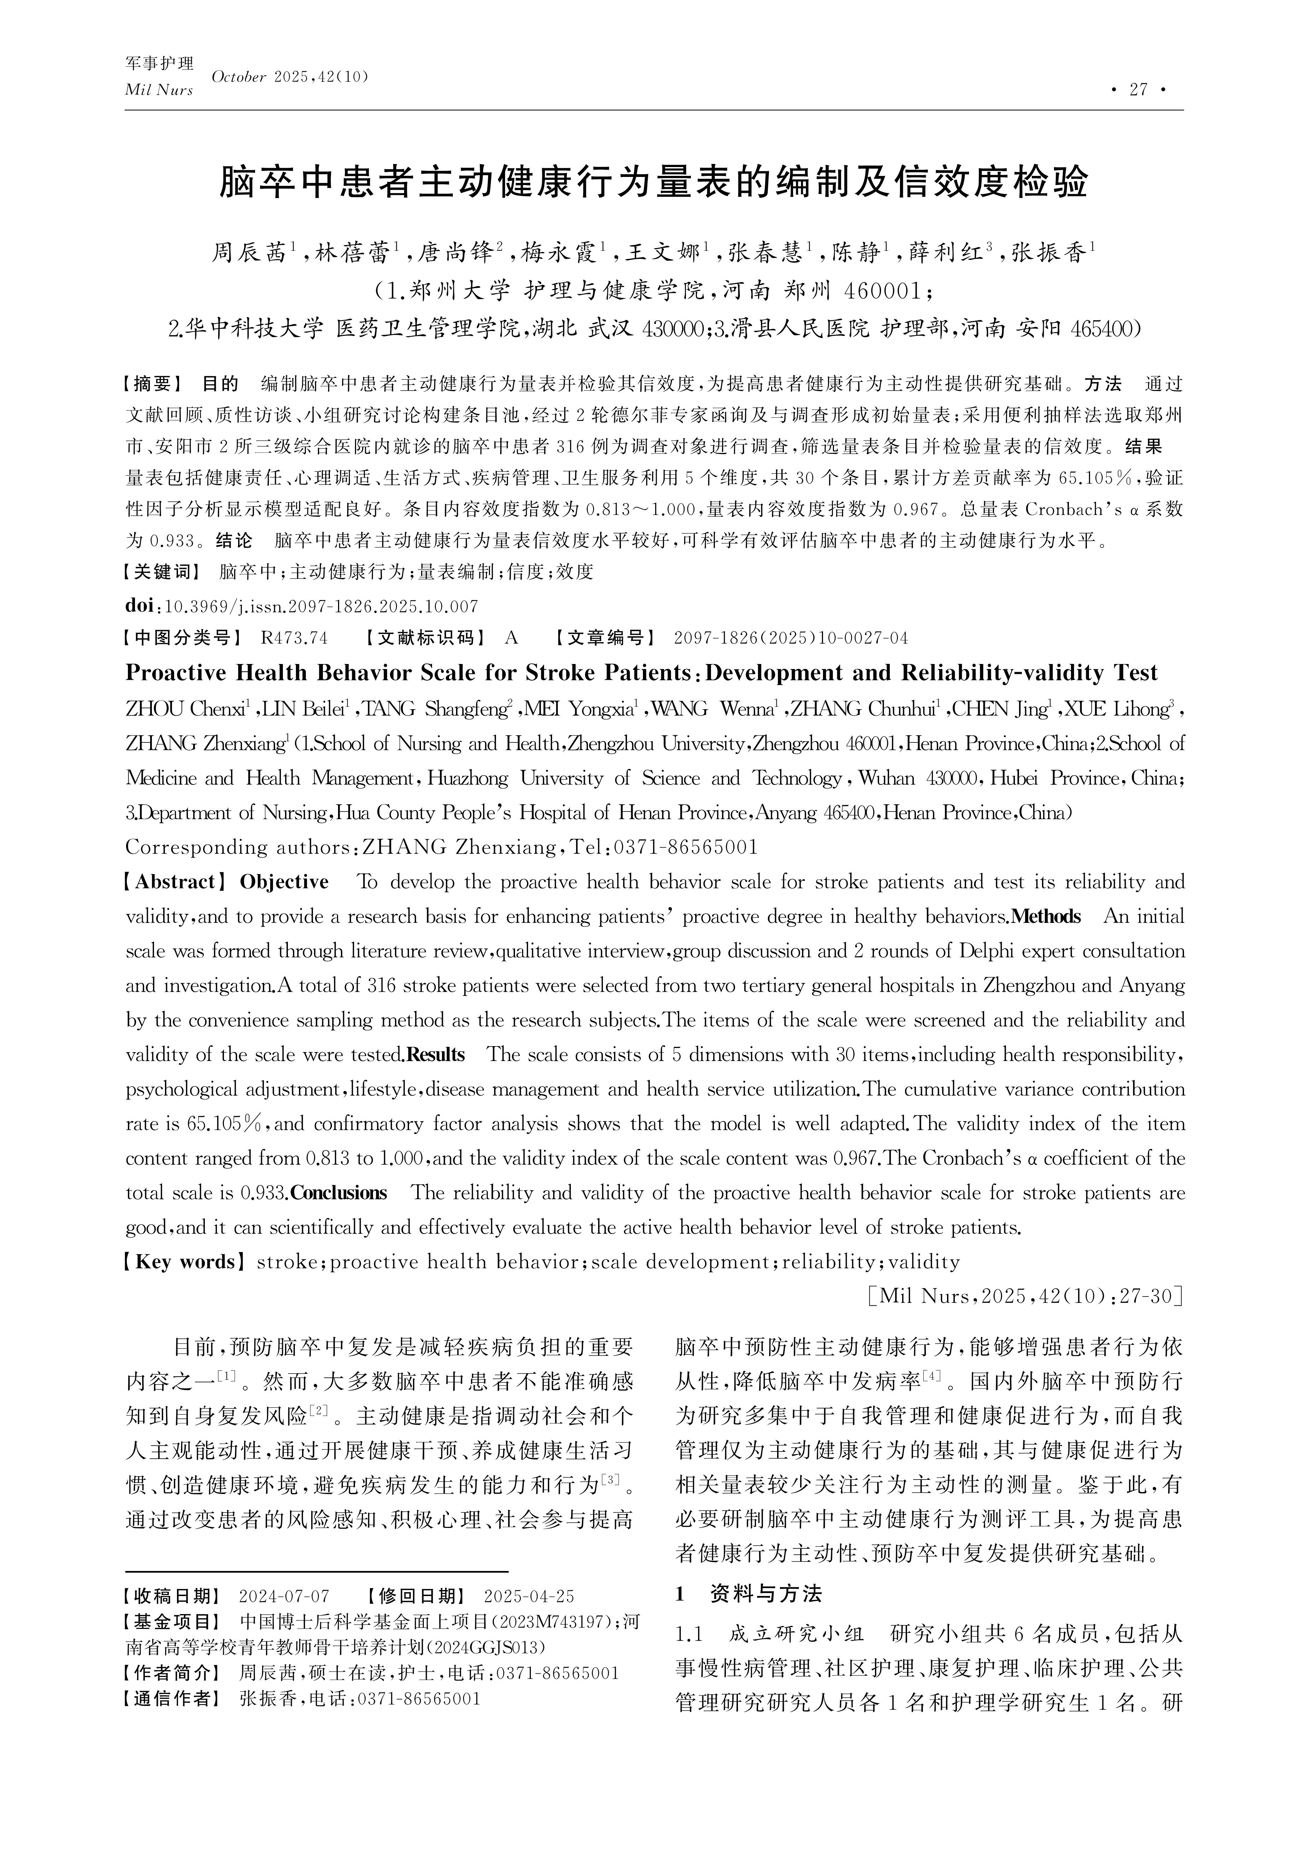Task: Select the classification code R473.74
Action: [294, 638]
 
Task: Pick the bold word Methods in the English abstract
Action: [1045, 917]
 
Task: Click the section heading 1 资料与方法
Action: [748, 1594]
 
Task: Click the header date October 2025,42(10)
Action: [290, 77]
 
